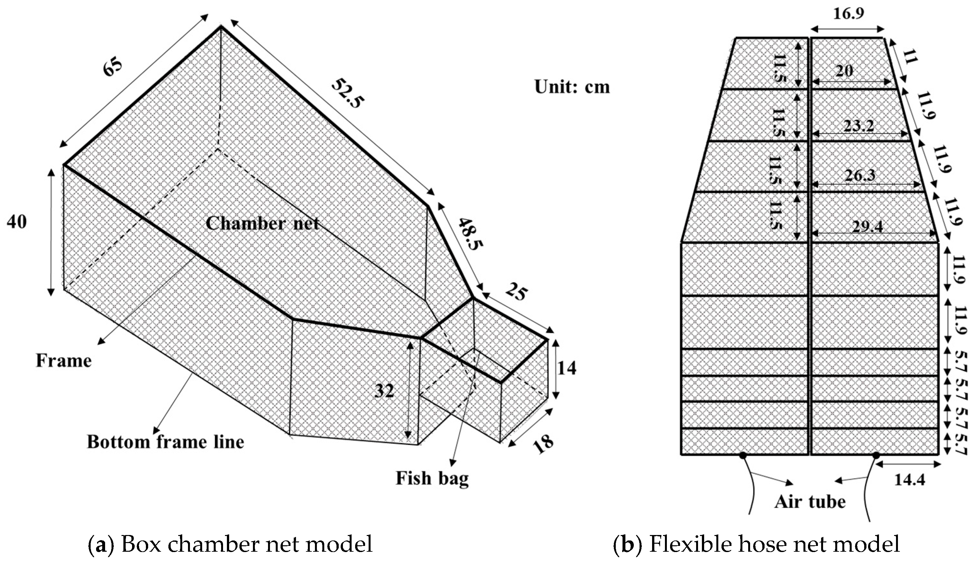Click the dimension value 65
click(x=113, y=68)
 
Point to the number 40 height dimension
click(x=17, y=222)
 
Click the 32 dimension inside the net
click(x=384, y=391)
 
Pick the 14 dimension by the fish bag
click(x=567, y=368)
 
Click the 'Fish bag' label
click(x=432, y=478)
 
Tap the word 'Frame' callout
click(x=64, y=361)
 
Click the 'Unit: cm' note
click(x=572, y=87)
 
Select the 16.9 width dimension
click(x=848, y=14)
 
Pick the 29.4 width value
click(x=868, y=227)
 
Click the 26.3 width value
click(x=860, y=176)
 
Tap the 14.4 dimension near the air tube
click(x=910, y=480)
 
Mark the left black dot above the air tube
click(x=743, y=455)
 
